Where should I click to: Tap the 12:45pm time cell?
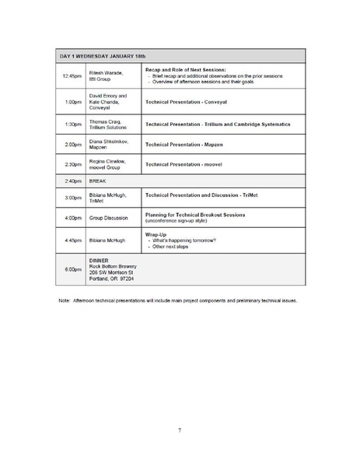[x=72, y=75]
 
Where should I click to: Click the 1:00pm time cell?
[x=72, y=102]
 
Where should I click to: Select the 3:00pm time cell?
[x=72, y=198]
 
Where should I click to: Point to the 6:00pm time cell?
[x=72, y=270]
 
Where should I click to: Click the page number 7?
[x=180, y=429]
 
